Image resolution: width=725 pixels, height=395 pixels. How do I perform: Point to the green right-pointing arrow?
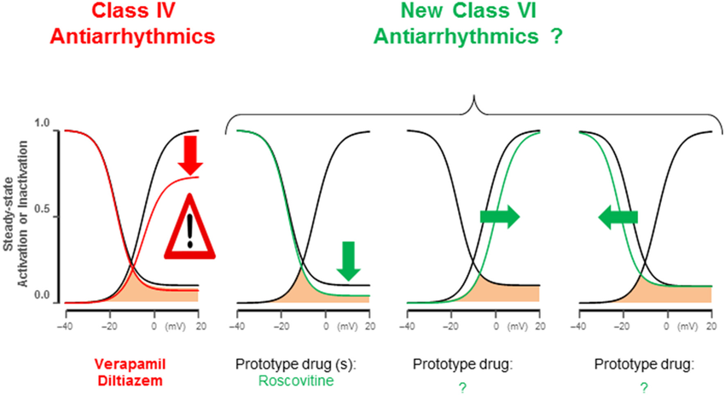coord(499,217)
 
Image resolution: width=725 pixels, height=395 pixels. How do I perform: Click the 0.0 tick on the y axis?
coord(41,296)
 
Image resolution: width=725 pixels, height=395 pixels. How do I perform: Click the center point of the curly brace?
coord(473,106)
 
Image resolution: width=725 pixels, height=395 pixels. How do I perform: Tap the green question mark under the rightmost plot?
coord(644,386)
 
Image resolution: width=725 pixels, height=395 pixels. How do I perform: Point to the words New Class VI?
coord(471,15)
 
